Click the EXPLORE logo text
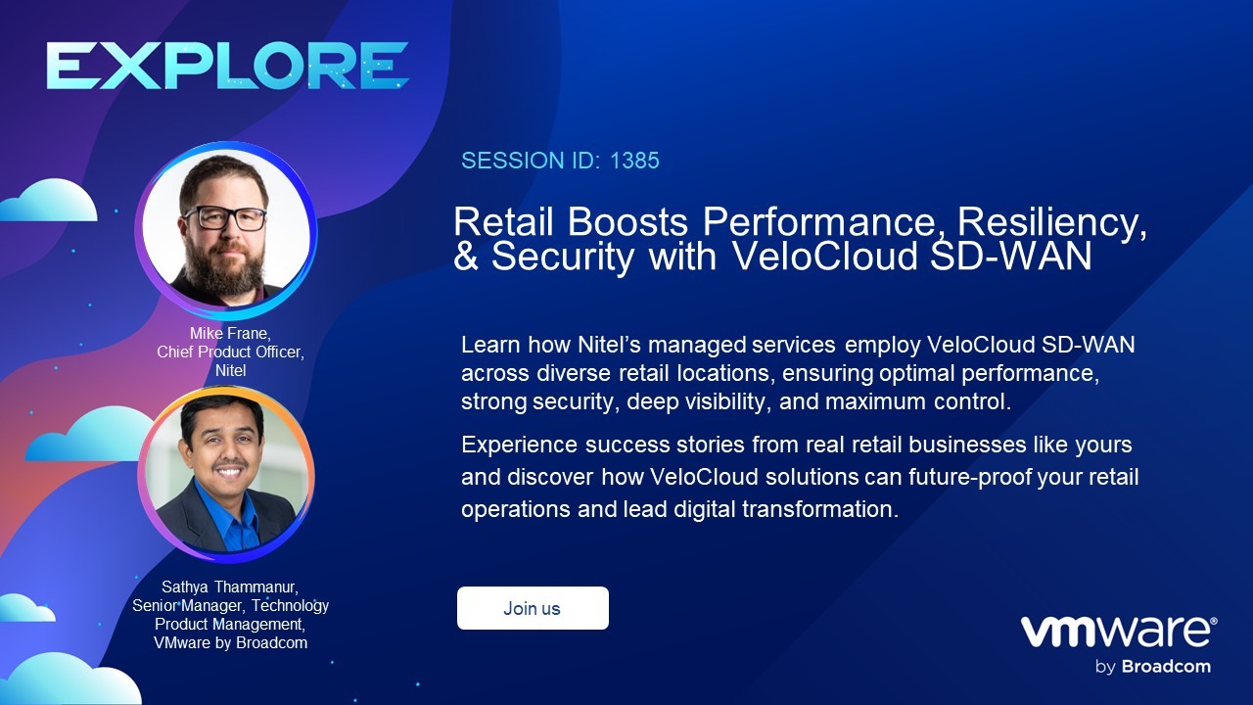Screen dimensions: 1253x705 [x=228, y=66]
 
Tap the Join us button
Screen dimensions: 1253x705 [x=533, y=608]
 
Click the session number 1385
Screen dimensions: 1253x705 [x=634, y=161]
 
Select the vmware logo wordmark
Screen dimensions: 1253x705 [x=1119, y=632]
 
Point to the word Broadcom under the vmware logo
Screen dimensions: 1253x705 [x=1166, y=667]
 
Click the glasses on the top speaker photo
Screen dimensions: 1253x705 [x=225, y=218]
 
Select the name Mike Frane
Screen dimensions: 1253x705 [x=230, y=334]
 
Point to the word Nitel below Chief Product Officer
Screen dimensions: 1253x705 [x=230, y=370]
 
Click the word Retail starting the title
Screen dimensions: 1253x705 [x=503, y=221]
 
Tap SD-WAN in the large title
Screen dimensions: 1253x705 [x=1011, y=256]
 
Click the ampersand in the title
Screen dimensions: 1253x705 [x=465, y=257]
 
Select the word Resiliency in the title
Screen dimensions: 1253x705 [x=1051, y=222]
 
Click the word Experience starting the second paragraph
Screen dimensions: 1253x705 [x=519, y=446]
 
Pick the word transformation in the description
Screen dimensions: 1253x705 [x=820, y=509]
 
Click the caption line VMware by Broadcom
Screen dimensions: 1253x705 [x=230, y=643]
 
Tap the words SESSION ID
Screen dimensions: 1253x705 [x=531, y=161]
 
